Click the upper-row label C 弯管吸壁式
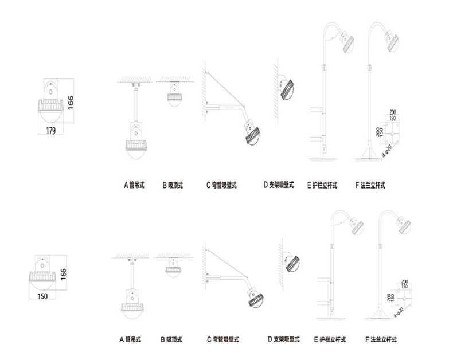tap(221, 185)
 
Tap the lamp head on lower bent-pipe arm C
tap(255, 299)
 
